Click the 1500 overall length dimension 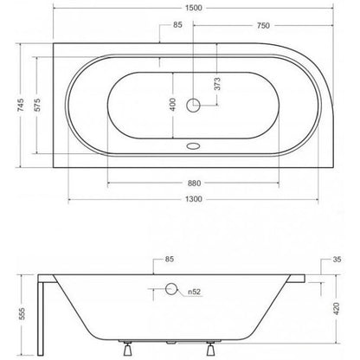tap(194, 8)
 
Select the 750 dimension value tap(263, 26)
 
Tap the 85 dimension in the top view tap(177, 25)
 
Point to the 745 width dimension tap(21, 105)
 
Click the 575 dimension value tap(38, 105)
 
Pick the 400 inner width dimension tap(172, 105)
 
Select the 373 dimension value tap(217, 84)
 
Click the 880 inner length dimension tap(194, 183)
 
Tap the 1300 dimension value tap(194, 199)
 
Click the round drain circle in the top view tap(193, 105)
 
